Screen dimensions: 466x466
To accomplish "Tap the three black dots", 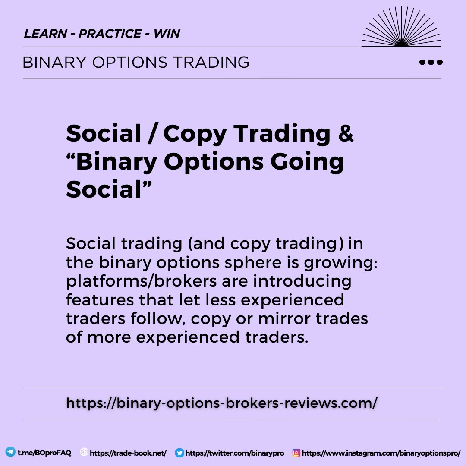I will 431,62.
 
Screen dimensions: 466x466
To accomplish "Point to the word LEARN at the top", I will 45,34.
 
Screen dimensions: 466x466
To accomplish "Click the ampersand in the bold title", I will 345,134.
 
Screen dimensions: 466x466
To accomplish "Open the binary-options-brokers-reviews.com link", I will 222,403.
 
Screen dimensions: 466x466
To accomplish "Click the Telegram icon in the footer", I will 10,452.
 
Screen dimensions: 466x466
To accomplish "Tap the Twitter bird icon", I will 179,453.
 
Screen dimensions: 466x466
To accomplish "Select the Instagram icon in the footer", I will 296,453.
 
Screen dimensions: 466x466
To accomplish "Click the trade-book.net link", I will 129,453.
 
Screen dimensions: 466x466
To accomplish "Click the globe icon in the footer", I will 84,452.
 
